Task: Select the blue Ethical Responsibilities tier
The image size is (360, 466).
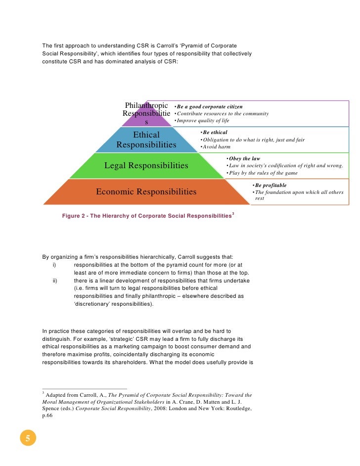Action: [x=146, y=140]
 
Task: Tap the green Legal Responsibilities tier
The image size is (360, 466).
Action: [x=146, y=165]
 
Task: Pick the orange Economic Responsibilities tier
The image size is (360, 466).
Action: [x=146, y=191]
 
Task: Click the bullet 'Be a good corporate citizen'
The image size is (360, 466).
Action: [x=210, y=106]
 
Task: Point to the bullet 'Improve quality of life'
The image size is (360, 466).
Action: [x=203, y=120]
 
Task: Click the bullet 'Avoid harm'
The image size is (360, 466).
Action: [x=216, y=146]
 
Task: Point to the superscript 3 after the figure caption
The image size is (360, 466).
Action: [x=233, y=213]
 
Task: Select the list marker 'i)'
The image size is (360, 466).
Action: [x=54, y=265]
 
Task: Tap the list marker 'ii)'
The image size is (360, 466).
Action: [x=55, y=280]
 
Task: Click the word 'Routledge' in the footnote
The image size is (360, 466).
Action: [x=237, y=409]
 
